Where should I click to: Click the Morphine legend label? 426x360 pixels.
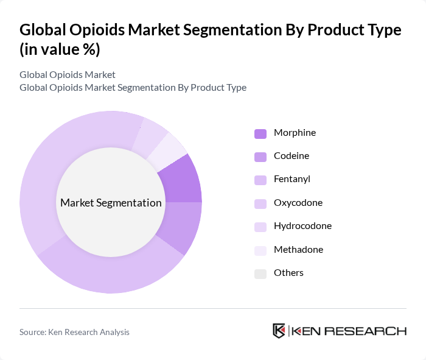(295, 133)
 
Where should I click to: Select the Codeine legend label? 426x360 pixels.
(291, 156)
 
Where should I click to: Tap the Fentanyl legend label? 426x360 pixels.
(292, 179)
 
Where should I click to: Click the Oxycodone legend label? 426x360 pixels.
(298, 203)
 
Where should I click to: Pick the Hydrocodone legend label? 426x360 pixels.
(302, 226)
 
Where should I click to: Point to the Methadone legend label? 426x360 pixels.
(298, 250)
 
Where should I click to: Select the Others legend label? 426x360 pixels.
(288, 273)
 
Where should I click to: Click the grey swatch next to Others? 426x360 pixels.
(260, 274)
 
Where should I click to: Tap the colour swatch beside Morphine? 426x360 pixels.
(260, 133)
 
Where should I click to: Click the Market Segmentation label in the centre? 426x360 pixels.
(111, 203)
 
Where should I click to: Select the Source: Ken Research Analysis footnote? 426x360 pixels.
(74, 332)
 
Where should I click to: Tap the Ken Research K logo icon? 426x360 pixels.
(279, 331)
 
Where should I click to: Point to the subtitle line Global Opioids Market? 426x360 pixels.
(67, 75)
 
